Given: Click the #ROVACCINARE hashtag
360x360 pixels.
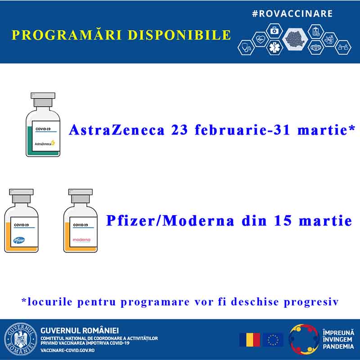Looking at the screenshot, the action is (x=292, y=13).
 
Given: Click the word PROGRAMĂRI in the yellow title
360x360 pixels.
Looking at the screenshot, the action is (x=67, y=35).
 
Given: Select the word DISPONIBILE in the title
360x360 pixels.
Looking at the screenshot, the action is (x=179, y=35).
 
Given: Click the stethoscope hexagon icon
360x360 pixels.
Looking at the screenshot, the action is (x=246, y=48).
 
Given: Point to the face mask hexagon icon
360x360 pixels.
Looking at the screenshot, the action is (x=315, y=48).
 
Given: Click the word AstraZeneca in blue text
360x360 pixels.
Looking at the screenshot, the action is (x=117, y=130).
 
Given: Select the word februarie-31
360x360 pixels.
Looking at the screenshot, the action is (x=242, y=130).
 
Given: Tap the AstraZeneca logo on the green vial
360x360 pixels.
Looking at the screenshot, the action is (x=45, y=144).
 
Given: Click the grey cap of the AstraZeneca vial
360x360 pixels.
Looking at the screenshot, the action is (x=43, y=99).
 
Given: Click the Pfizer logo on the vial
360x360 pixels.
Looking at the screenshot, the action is (x=19, y=240).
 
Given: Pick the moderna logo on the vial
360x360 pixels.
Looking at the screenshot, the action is (x=81, y=240).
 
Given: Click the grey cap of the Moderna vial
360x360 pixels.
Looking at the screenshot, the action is (x=81, y=196).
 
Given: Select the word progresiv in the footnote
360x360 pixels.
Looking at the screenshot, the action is (x=311, y=302).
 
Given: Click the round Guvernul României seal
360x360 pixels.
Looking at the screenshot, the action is (x=21, y=339).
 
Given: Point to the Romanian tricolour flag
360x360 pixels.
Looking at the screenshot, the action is (x=250, y=340).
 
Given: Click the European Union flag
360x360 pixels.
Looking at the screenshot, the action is (x=273, y=340).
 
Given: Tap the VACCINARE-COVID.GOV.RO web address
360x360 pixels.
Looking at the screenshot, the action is (x=67, y=351).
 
